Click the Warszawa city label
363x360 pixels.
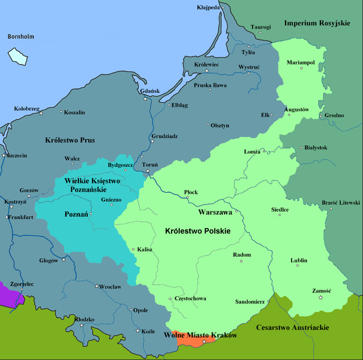pos(215,212)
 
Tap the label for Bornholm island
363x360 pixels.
pos(20,37)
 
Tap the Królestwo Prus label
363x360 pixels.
pos(70,140)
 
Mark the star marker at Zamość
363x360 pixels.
pos(320,298)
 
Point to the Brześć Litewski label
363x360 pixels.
pos(341,203)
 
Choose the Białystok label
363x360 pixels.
pos(315,147)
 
